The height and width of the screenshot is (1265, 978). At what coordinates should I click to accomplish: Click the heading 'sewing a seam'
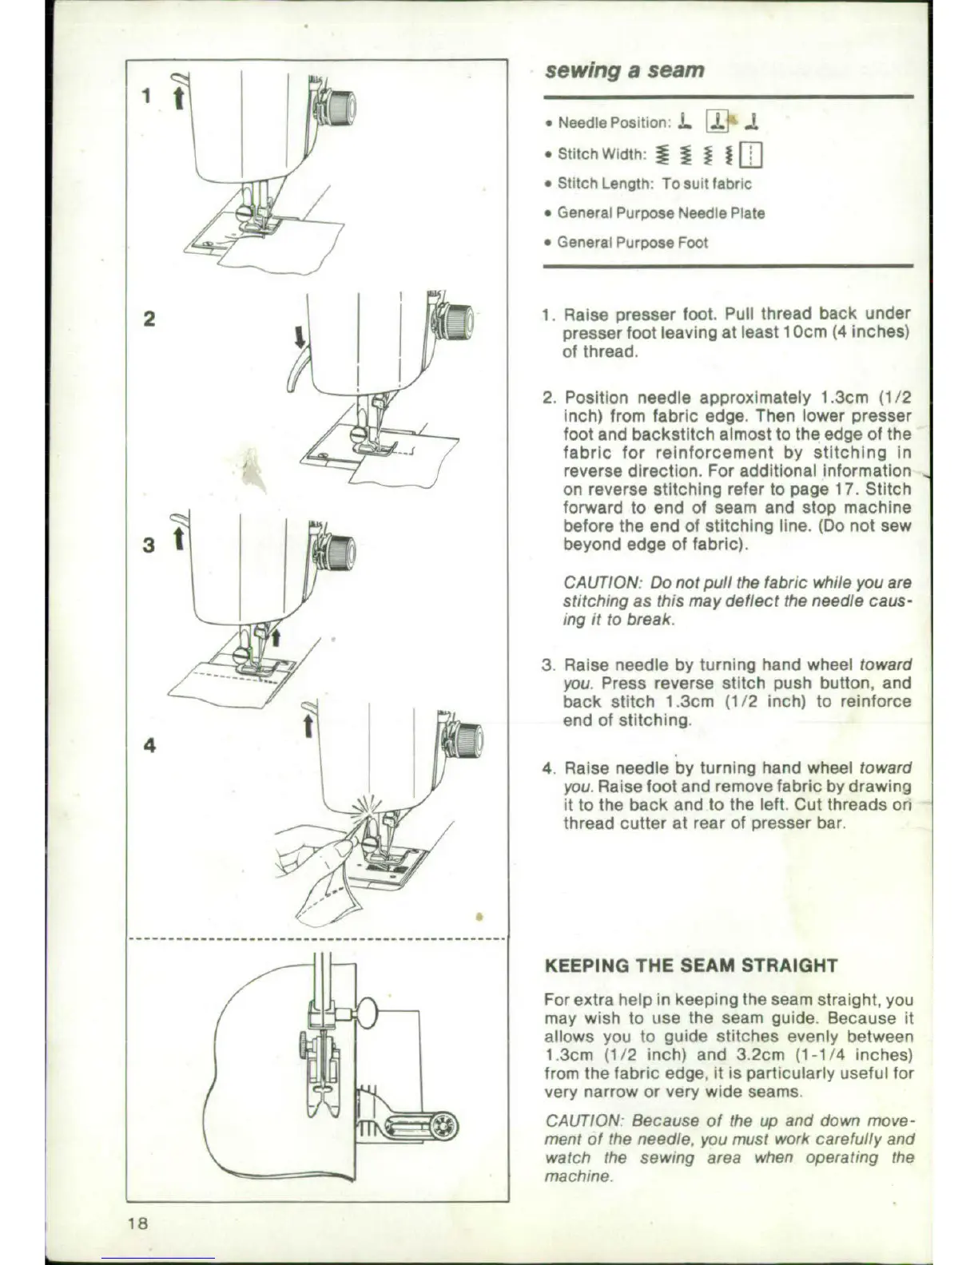click(624, 70)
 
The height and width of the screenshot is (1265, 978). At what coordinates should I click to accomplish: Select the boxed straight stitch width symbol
click(752, 154)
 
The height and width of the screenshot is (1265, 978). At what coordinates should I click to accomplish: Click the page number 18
click(138, 1223)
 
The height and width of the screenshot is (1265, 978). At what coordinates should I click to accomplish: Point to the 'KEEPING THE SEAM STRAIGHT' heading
click(690, 965)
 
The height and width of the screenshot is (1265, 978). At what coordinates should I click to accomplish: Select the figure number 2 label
click(149, 319)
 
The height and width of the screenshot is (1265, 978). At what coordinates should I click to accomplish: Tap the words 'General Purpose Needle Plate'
click(661, 213)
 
